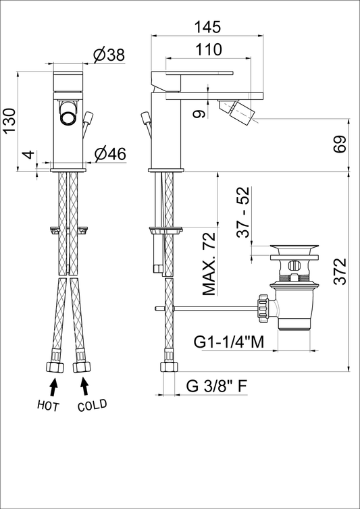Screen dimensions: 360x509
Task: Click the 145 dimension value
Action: coord(207,27)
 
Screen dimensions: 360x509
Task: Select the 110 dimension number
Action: coord(209,50)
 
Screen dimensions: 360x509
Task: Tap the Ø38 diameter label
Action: coord(109,55)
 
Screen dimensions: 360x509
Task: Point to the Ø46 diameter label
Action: coord(110,154)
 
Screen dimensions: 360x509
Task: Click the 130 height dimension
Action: coord(9,120)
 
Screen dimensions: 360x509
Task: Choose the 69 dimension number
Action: coord(340,144)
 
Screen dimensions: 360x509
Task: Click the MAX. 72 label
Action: coord(209,264)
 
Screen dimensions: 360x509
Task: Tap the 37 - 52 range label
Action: coord(242,213)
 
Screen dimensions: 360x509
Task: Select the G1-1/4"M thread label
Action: coord(229,342)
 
